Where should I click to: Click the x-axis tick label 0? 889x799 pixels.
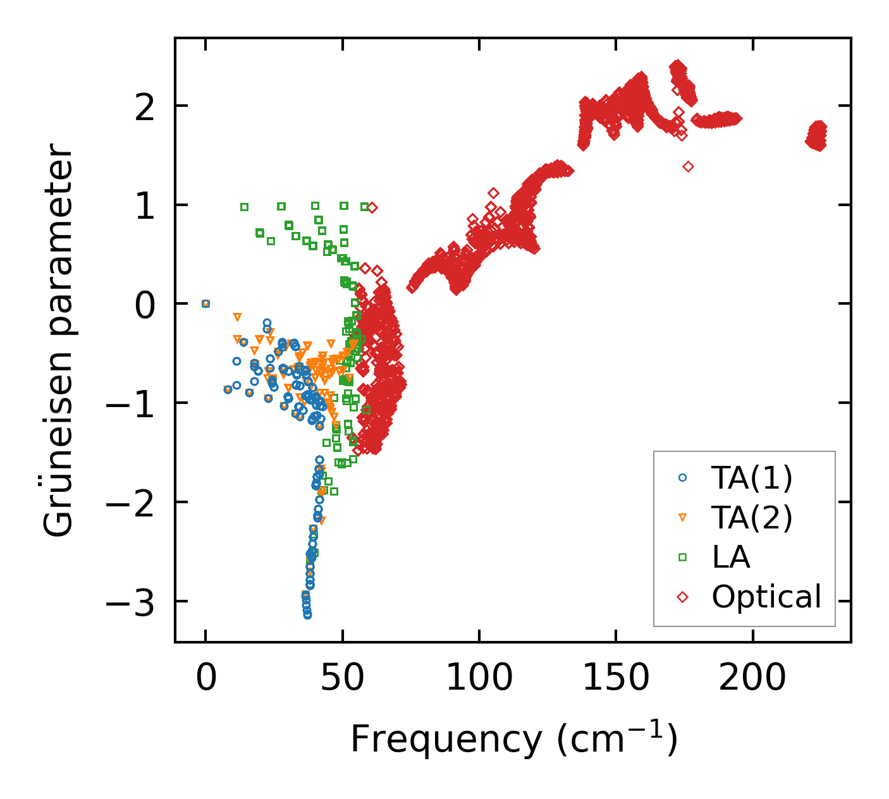point(205,678)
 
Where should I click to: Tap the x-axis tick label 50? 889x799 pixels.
point(342,678)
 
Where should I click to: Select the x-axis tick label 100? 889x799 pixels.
point(479,678)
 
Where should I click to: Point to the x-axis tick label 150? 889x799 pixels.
point(616,678)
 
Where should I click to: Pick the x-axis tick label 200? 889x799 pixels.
point(752,678)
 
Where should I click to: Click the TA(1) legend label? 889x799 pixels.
point(752,478)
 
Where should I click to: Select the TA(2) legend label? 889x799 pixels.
point(752,518)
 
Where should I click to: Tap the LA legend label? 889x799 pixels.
point(731,557)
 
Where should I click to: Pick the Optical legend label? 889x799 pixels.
point(766,597)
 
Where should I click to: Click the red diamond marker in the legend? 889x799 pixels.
point(682,597)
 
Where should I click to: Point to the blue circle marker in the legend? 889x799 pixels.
point(682,478)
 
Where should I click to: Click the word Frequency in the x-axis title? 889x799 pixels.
point(446,739)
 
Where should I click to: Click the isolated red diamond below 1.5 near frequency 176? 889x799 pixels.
point(688,167)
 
